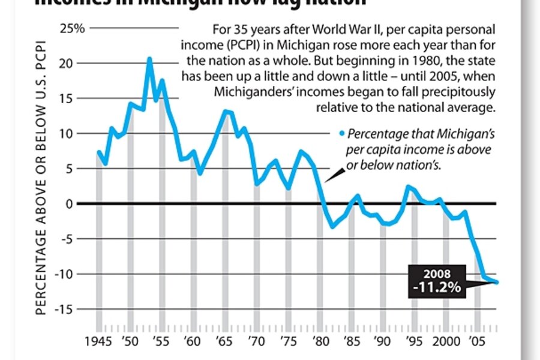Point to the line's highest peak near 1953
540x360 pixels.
(x=149, y=59)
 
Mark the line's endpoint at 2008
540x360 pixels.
(x=497, y=283)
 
